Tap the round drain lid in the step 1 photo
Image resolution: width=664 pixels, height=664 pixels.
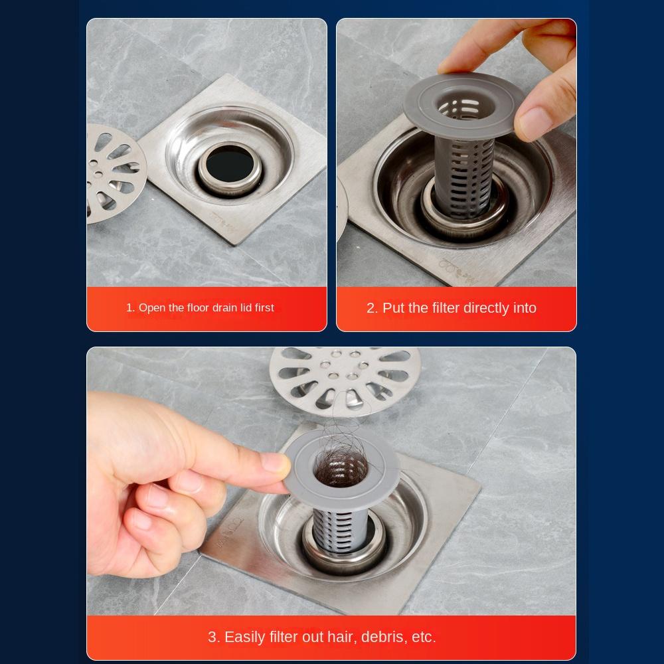click(114, 173)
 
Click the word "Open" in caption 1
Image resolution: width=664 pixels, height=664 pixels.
click(151, 308)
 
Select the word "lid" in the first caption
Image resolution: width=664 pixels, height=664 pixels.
click(246, 307)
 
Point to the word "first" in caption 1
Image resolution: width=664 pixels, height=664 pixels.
click(264, 307)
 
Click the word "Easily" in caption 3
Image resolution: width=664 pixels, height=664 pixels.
click(244, 637)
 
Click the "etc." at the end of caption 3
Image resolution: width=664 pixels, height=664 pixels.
click(424, 637)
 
